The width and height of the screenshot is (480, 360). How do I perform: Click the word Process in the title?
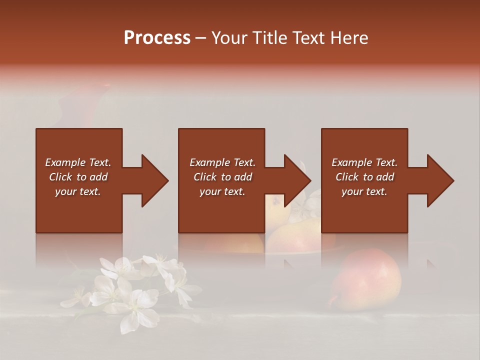click(x=157, y=38)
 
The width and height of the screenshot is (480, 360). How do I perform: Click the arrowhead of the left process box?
click(x=153, y=180)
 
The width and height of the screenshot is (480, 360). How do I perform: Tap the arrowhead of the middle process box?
click(x=296, y=180)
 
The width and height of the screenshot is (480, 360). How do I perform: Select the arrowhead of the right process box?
click(x=439, y=180)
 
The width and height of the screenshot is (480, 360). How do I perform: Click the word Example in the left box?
click(x=65, y=162)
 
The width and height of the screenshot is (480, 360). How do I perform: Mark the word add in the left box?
click(x=99, y=177)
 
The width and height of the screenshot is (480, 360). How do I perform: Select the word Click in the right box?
click(x=347, y=177)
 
